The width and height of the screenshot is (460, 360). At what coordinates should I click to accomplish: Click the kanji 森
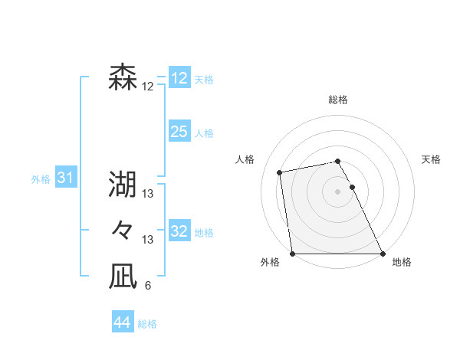tap(123, 77)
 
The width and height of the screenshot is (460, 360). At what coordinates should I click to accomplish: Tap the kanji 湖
tap(123, 184)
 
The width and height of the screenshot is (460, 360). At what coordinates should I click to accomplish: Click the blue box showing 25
tap(179, 132)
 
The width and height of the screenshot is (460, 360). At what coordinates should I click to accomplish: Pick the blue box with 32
tap(179, 231)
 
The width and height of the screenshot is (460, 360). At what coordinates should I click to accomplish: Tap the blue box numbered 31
tap(65, 178)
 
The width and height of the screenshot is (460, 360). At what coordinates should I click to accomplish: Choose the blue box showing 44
tap(122, 322)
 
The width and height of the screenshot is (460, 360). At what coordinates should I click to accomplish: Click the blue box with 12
tap(179, 78)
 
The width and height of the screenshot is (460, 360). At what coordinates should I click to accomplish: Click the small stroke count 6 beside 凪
tap(147, 286)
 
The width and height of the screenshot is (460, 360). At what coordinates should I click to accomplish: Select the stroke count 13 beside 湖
tap(147, 194)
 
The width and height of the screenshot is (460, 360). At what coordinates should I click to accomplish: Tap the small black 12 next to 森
tap(147, 87)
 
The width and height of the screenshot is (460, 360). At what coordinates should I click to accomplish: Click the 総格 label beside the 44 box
tap(147, 324)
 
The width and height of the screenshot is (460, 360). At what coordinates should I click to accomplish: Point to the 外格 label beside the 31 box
tap(41, 179)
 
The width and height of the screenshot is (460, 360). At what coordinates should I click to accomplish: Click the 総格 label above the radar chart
tap(338, 100)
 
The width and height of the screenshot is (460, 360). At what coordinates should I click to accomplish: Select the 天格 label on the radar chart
tap(431, 159)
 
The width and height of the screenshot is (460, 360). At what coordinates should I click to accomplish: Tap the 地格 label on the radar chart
tap(402, 262)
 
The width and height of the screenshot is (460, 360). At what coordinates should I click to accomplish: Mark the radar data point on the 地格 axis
tap(383, 254)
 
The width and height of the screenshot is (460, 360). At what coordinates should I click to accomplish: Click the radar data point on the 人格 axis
tap(281, 172)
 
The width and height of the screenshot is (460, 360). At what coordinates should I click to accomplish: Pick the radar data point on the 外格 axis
tap(293, 254)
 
